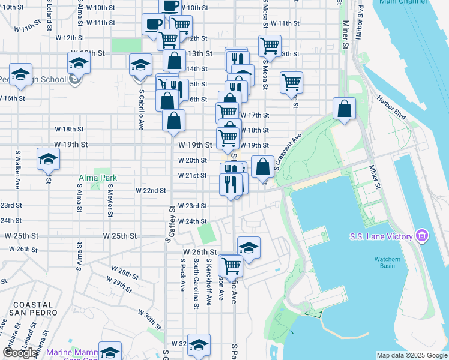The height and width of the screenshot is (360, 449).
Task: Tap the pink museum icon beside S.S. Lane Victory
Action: (421, 235)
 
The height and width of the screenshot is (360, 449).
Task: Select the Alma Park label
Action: (98, 178)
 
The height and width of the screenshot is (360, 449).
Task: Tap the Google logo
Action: (20, 353)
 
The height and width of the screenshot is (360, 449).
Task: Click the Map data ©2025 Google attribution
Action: (412, 355)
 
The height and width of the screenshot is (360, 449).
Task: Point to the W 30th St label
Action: (150, 314)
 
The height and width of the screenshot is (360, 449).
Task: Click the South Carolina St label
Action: (196, 284)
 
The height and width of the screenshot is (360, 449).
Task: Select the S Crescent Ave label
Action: (287, 153)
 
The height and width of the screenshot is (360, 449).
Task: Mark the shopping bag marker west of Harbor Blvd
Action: (345, 109)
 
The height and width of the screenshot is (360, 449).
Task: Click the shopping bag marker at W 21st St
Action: (262, 167)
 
